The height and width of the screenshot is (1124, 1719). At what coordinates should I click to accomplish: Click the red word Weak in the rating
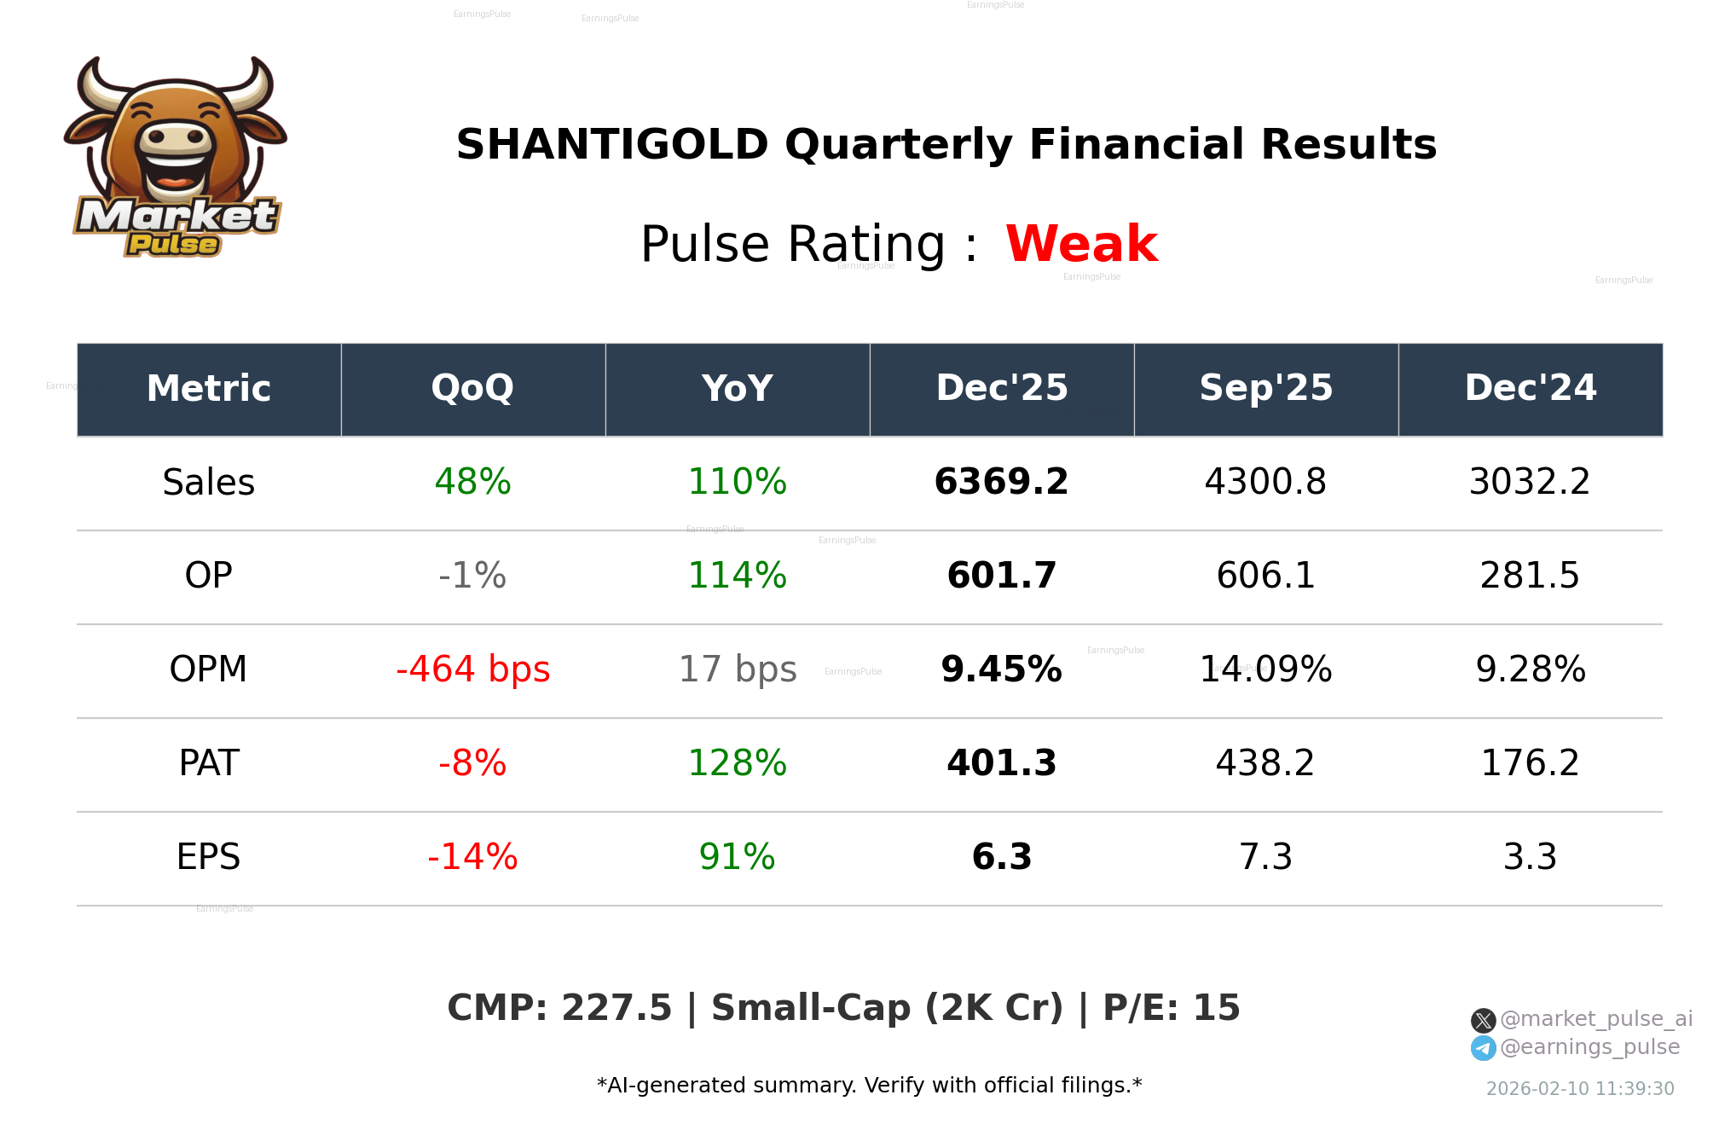coord(1080,244)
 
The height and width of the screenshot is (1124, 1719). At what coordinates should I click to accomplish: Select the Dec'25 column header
coord(1001,389)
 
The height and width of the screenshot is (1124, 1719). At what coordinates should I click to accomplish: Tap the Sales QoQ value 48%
coord(472,482)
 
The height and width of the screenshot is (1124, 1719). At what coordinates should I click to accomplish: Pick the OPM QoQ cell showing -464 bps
coord(472,669)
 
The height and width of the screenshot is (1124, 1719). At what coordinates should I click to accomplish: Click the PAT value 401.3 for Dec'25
coord(1001,763)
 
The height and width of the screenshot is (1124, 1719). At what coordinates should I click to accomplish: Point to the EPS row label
coord(208,857)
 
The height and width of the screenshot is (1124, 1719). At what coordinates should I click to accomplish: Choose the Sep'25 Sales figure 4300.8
coord(1265,482)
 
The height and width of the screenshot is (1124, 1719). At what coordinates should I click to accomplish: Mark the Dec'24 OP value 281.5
coord(1529,576)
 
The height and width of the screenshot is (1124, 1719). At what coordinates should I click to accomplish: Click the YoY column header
coord(737,389)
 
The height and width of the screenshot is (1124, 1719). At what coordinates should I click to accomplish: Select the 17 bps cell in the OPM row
coord(737,669)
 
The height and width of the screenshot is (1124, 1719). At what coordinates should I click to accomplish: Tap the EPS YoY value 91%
coord(737,857)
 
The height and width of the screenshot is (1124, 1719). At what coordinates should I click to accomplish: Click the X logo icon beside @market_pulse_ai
coord(1483,1020)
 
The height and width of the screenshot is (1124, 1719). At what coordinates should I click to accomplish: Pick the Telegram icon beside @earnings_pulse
coord(1483,1048)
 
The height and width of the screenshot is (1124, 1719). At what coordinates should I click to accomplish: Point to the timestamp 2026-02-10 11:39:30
coord(1579,1089)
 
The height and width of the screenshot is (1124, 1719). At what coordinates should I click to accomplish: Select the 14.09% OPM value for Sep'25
coord(1265,669)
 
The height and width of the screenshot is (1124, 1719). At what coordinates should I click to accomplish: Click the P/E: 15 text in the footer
coord(1171,1008)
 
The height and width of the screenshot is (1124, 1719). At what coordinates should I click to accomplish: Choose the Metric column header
coord(208,389)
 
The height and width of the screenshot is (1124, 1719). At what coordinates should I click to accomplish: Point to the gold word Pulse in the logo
coord(173,245)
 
